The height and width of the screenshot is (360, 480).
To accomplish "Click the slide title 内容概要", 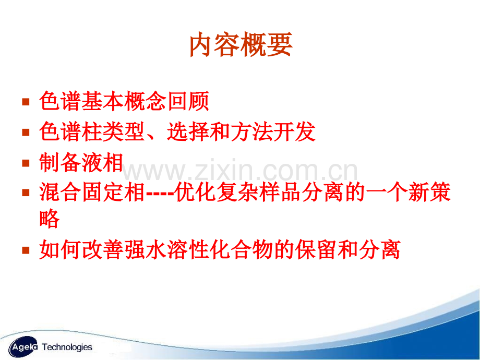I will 241,46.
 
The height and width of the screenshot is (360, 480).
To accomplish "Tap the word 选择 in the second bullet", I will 188,133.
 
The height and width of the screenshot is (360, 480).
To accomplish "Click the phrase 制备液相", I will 81,163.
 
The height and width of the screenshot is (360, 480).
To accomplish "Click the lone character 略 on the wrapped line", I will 50,220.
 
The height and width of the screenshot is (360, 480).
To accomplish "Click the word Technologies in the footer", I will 67,347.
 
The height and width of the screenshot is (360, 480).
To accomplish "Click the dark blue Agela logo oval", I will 21,346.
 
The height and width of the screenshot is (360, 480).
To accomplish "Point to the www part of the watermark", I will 151,171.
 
